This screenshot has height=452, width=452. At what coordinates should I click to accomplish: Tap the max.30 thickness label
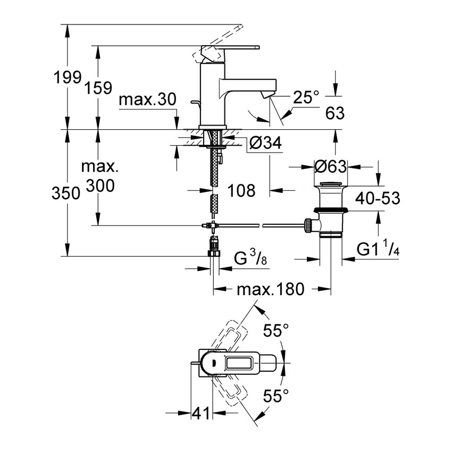pyautogui.click(x=147, y=99)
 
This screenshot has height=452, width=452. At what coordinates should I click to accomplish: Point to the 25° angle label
pyautogui.click(x=305, y=96)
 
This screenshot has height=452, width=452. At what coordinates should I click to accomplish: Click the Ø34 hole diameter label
pyautogui.click(x=264, y=143)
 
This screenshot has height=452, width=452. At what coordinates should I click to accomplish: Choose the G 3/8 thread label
pyautogui.click(x=250, y=259)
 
